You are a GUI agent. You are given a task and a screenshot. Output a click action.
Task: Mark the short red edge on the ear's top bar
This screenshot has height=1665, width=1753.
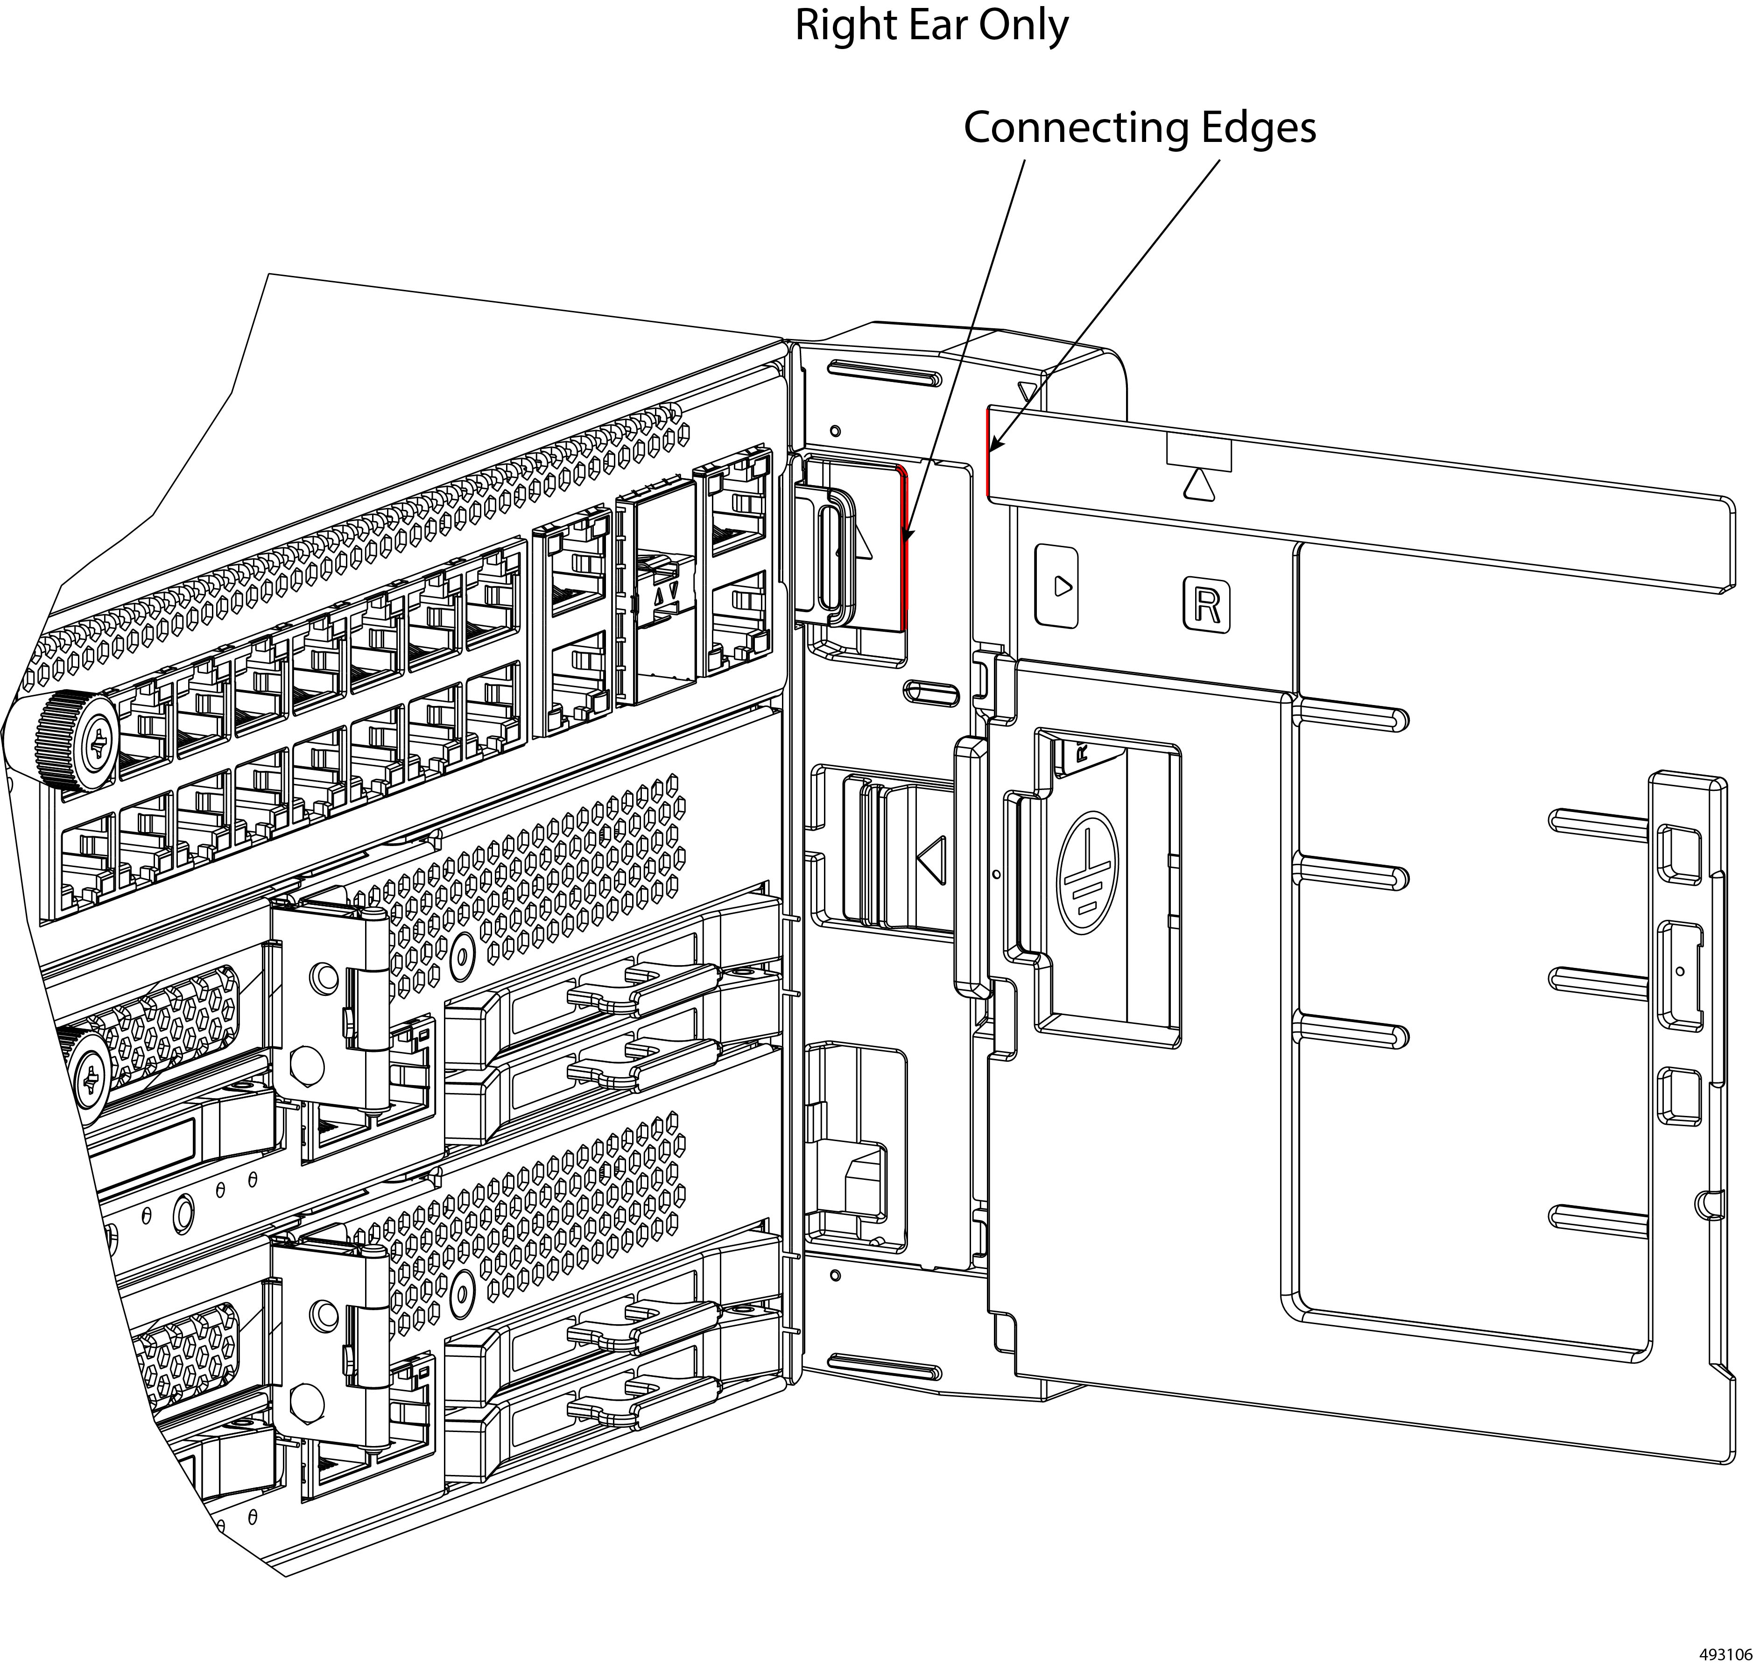989,452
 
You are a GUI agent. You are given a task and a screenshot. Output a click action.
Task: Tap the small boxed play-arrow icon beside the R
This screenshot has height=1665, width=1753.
1057,586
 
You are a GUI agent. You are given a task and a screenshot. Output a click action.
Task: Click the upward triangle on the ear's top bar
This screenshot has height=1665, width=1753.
1198,485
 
